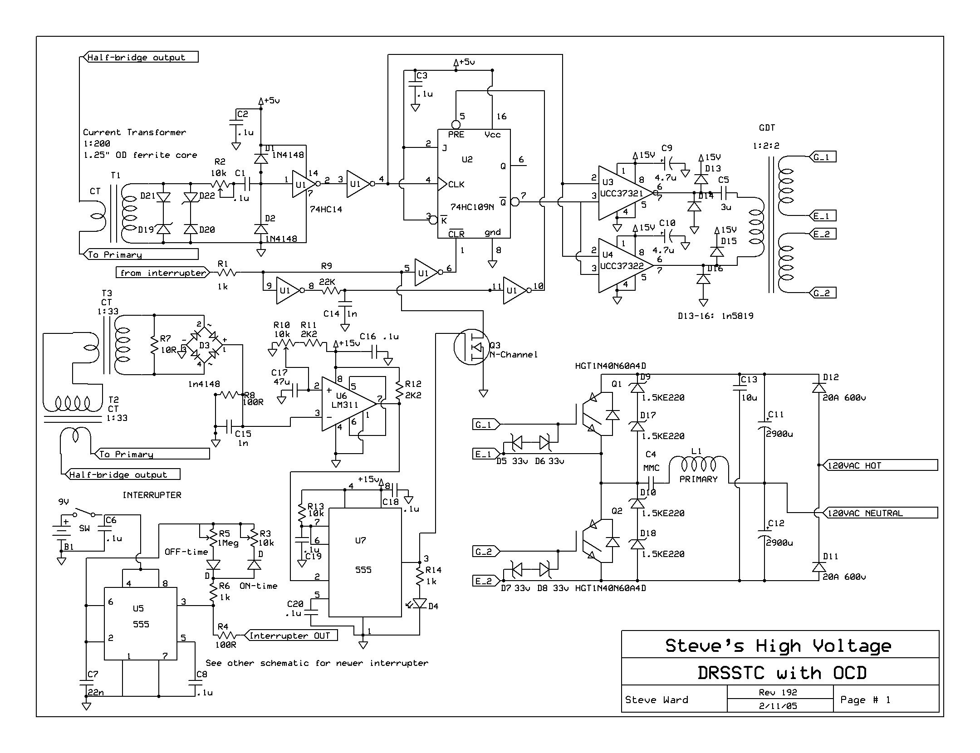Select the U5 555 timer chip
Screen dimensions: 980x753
141,624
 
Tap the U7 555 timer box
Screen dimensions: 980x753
365,562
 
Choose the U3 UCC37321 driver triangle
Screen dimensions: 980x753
625,193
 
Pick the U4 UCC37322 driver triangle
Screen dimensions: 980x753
625,265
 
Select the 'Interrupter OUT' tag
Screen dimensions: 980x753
291,636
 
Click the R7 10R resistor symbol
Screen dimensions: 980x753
154,345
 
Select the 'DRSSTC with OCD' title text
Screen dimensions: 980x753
782,672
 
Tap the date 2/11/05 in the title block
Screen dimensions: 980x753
778,706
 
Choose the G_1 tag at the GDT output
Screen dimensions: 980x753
822,157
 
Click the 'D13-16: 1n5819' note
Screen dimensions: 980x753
715,316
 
